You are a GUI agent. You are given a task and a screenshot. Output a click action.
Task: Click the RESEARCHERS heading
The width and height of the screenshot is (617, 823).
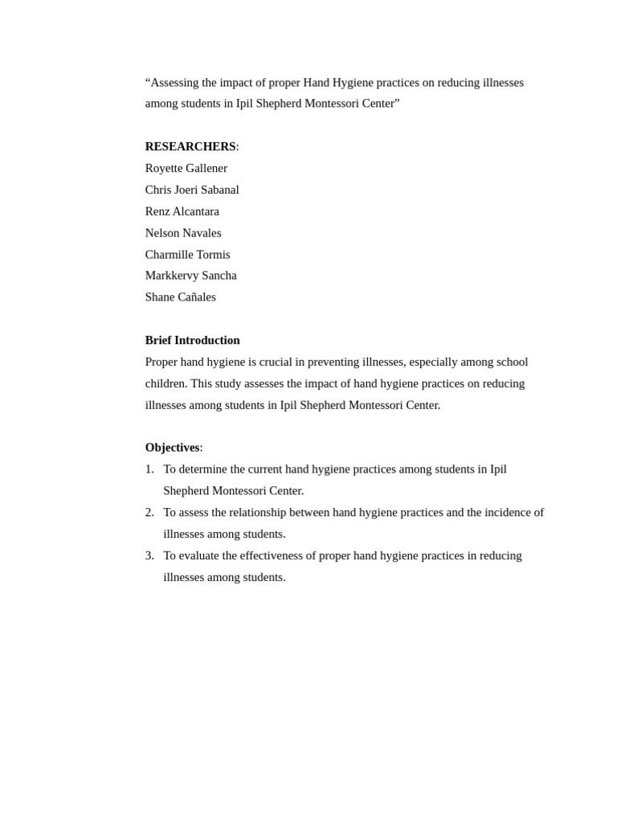[x=190, y=146]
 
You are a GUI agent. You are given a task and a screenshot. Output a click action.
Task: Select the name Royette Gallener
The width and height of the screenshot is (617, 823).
[x=186, y=168]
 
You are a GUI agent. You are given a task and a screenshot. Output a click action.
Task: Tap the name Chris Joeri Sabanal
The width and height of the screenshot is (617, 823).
[x=192, y=190]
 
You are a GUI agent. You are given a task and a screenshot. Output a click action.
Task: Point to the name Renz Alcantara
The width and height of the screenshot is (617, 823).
[x=182, y=211]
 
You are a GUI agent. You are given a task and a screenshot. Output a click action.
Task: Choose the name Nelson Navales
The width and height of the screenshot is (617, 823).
[x=183, y=233]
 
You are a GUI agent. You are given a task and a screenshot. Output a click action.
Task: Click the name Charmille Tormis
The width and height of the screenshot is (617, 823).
[x=187, y=255]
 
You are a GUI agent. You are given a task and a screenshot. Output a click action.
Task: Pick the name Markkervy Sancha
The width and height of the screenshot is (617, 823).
[x=191, y=276]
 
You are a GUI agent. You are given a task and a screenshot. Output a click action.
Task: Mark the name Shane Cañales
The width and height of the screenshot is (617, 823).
[x=181, y=297]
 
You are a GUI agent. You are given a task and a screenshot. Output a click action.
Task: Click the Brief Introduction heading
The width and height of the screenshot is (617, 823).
[x=193, y=340]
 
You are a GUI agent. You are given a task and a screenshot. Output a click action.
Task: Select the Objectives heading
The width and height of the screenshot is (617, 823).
[x=173, y=448]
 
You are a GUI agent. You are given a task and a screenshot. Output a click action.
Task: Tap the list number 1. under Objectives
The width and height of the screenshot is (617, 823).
[x=149, y=469]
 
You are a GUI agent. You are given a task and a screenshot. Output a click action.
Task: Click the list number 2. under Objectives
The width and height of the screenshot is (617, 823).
[x=149, y=513]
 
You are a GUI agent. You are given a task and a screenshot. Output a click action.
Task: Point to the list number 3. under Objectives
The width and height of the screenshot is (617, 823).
[x=149, y=556]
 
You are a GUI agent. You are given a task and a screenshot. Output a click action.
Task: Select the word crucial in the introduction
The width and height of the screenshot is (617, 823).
[x=276, y=362]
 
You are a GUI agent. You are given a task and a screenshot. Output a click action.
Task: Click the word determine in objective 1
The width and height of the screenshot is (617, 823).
[x=203, y=469]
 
